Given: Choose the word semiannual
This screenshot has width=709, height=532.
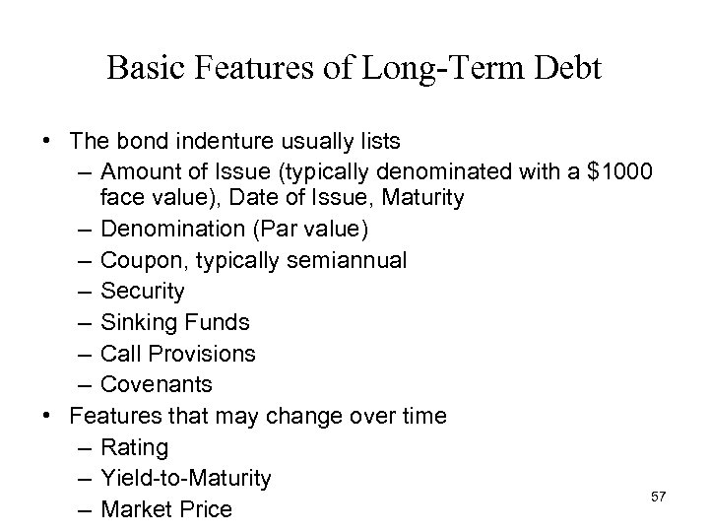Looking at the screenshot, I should coord(351,260).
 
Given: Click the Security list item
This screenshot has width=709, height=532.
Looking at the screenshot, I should coord(142,291).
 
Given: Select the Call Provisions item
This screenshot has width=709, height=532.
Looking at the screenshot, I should coord(178,353).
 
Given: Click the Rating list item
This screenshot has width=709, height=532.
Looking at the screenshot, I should coord(134,447).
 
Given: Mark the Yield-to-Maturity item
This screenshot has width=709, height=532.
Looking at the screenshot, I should coord(185,478).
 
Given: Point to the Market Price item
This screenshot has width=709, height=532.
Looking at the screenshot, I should coord(165,509).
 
